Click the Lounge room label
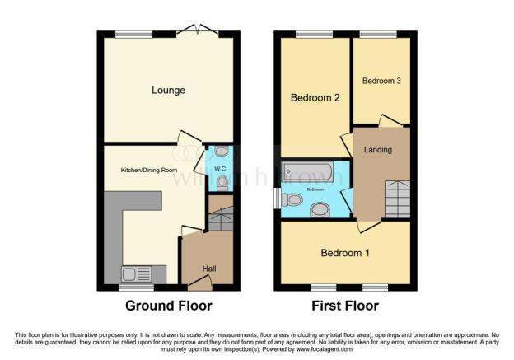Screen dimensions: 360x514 (168, 90)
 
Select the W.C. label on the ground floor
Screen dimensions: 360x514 (219, 170)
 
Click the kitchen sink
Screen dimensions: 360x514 (132, 274)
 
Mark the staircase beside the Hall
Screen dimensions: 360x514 (221, 219)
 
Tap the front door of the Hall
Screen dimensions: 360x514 (198, 285)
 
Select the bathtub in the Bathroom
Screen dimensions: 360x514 (308, 172)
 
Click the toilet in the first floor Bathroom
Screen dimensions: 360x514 (291, 199)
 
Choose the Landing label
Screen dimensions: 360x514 (378, 150)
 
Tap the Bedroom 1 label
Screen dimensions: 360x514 (344, 253)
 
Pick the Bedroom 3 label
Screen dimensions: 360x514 (381, 81)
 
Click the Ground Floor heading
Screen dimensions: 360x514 (168, 306)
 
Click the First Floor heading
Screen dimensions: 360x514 (344, 306)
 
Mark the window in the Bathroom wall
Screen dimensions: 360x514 (277, 199)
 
